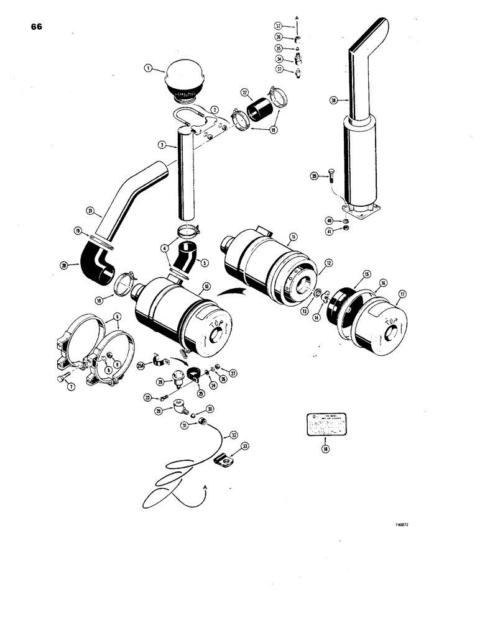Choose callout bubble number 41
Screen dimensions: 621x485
328,231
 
